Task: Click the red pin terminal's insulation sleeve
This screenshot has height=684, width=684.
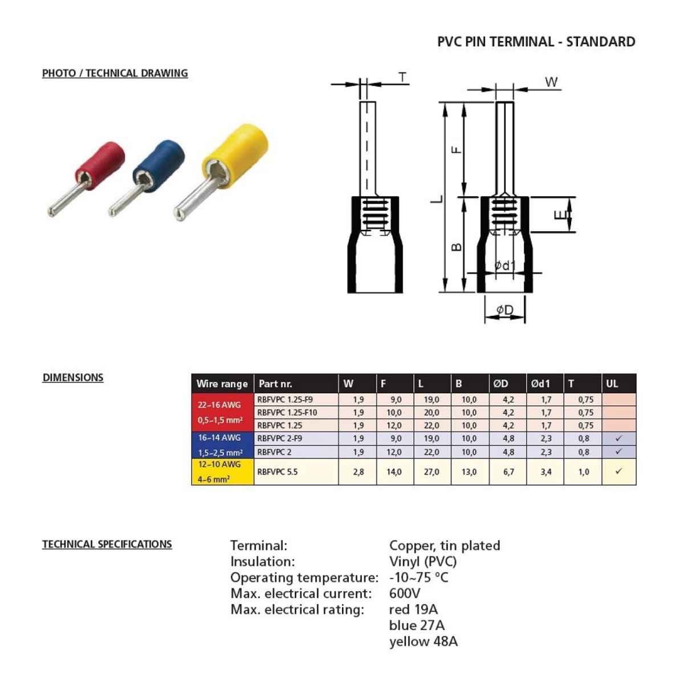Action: (x=100, y=166)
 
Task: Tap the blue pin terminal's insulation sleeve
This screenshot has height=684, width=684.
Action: (x=159, y=166)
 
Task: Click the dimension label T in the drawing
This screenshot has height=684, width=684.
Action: (x=402, y=77)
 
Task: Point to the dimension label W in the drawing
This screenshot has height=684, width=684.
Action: (x=551, y=82)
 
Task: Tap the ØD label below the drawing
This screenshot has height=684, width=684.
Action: (x=505, y=310)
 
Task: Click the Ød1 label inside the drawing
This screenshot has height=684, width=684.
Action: (x=505, y=265)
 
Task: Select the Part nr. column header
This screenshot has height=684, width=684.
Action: (x=275, y=384)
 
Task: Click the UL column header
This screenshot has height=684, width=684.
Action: (x=612, y=384)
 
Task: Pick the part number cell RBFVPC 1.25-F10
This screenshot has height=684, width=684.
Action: (x=287, y=413)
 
